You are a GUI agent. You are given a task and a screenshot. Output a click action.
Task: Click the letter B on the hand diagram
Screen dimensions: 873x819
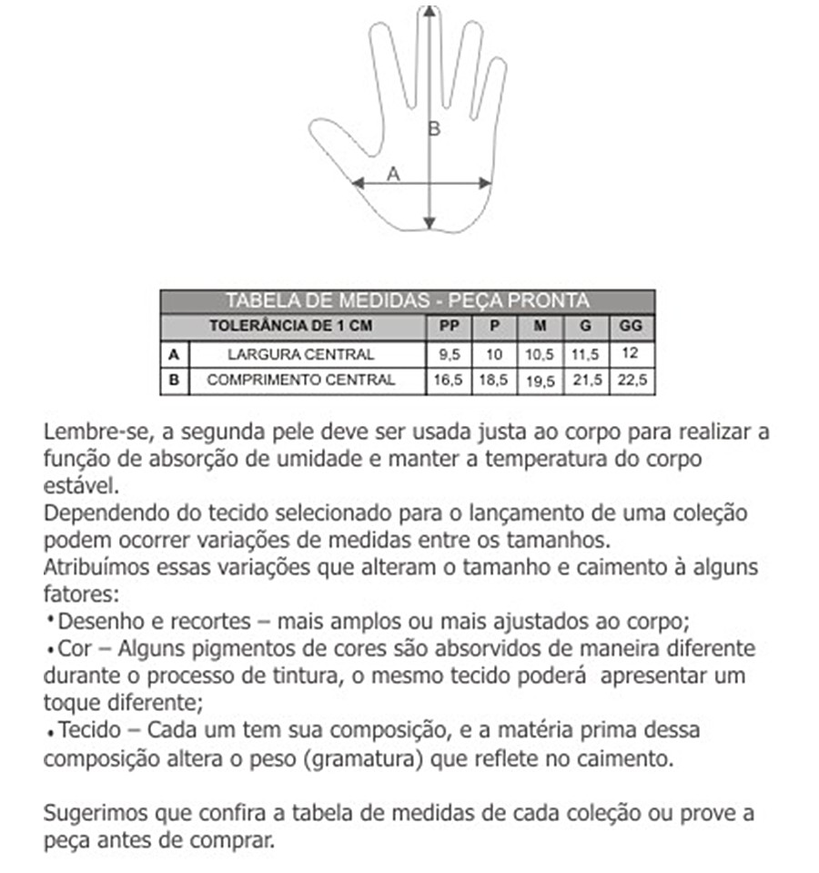coord(434,129)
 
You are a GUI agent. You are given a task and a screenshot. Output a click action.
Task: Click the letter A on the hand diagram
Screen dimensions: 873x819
coord(393,173)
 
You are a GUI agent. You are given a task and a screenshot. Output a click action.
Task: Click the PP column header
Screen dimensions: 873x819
coord(448,326)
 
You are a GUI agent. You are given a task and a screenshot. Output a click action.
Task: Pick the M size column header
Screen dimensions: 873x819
coord(539,326)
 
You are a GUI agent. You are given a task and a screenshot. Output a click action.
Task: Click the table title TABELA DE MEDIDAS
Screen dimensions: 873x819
coord(407,301)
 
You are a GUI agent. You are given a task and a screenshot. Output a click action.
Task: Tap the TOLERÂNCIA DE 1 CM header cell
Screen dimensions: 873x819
coord(291,326)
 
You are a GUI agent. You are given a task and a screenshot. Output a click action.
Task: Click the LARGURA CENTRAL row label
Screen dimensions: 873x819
coord(300,354)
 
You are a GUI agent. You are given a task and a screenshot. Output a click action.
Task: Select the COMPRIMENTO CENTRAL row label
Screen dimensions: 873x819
coord(300,381)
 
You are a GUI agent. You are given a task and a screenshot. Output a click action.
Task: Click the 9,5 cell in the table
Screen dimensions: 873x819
coord(448,354)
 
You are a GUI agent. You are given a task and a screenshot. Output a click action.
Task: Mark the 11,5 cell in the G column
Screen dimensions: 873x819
coord(586,354)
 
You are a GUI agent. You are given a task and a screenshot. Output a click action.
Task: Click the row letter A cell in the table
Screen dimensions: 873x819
coord(174,354)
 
